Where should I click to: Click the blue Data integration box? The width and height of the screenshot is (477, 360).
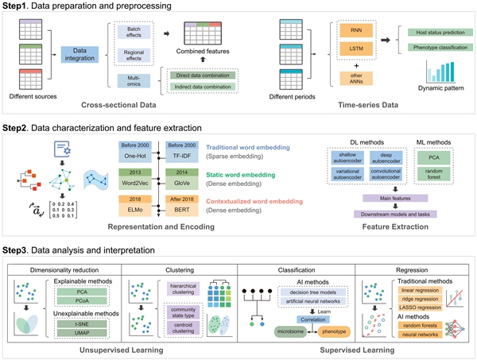[79, 54]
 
